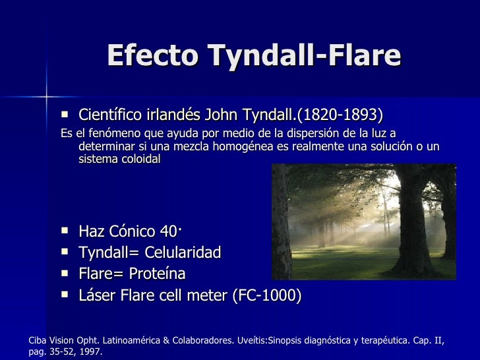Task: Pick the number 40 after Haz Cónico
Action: (x=167, y=231)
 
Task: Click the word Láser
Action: (x=96, y=295)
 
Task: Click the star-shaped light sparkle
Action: (x=46, y=97)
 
